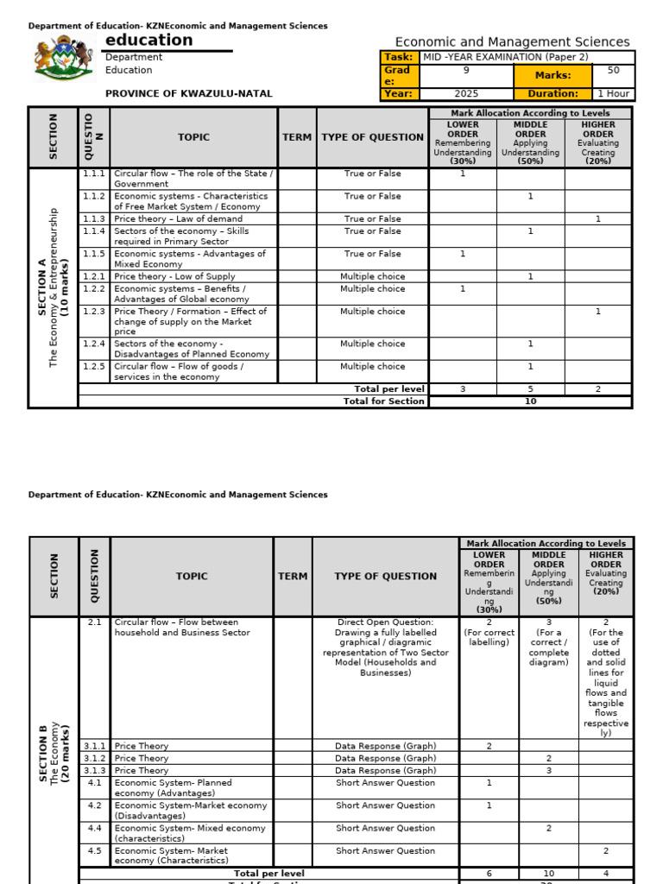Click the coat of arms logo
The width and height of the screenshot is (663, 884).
62,60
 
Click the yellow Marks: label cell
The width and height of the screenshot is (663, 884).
553,75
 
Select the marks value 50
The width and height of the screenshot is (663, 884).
614,70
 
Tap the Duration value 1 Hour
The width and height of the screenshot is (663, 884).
614,93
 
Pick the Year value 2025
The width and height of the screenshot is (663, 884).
466,93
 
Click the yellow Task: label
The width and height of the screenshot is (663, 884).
398,57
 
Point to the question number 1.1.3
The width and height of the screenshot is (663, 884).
94,219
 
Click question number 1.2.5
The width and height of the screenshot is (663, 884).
94,367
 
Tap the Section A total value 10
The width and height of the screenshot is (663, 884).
530,401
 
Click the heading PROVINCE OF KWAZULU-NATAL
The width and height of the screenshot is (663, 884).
188,93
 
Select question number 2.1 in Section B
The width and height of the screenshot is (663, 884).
94,622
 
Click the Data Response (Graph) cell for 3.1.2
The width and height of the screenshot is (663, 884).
385,758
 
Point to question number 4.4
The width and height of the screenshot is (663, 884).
94,828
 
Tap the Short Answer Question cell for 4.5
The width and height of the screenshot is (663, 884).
385,850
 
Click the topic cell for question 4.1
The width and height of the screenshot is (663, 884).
192,788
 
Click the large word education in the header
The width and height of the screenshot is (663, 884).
149,41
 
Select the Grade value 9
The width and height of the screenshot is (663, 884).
466,70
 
